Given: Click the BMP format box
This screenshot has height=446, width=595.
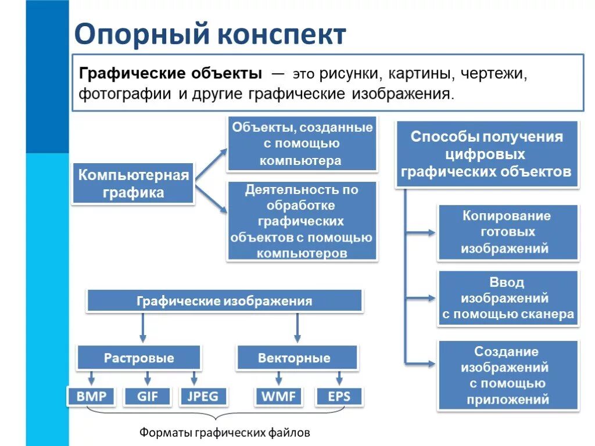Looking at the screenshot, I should click(x=91, y=397).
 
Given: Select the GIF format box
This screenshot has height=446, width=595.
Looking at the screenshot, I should click(x=148, y=397).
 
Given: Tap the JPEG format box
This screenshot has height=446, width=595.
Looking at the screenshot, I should click(x=203, y=397).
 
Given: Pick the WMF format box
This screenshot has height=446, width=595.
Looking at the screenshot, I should click(x=278, y=397).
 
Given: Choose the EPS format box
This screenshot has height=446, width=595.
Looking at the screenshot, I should click(x=339, y=397).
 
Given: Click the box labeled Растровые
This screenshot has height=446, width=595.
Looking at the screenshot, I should click(x=139, y=358).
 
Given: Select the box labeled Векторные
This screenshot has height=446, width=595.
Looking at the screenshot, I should click(x=297, y=358).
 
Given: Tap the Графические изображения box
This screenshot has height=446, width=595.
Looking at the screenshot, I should click(x=224, y=301).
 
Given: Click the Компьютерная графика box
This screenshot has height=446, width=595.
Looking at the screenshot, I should click(x=133, y=184).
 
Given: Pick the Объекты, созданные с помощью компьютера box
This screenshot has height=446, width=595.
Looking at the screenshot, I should click(x=302, y=143).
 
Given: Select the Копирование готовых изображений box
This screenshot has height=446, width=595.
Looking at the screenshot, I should click(x=508, y=232).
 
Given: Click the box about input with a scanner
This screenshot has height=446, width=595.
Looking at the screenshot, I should click(x=508, y=298).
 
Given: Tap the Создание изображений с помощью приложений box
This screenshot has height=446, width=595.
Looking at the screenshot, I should click(x=508, y=375).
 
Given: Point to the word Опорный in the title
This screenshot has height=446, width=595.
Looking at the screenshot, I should click(x=140, y=35).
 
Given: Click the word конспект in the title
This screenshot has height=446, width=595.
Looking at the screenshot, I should click(x=281, y=35).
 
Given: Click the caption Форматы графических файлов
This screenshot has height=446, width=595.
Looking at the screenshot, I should click(x=225, y=433).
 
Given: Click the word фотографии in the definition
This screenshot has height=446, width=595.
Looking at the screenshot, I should click(x=124, y=93).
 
